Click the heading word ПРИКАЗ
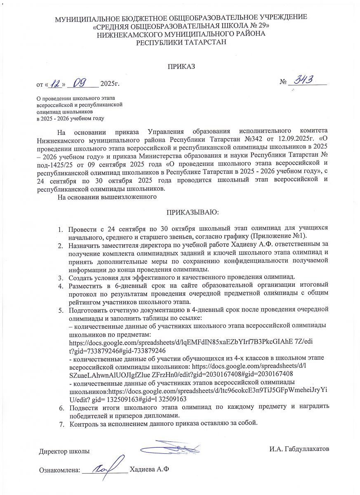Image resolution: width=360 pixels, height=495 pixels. click(x=180, y=66)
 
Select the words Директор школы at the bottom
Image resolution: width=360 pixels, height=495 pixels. click(x=64, y=451)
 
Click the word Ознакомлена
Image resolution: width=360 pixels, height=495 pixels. click(x=59, y=470)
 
